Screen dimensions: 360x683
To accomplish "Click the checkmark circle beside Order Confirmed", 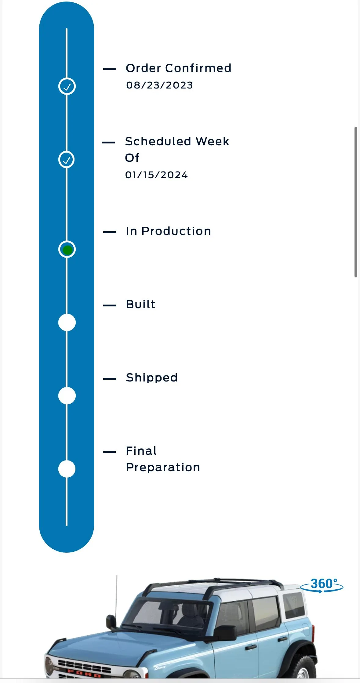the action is point(67,86).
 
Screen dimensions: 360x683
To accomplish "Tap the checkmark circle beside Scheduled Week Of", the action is point(67,159).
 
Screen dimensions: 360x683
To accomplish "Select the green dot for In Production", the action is point(67,250).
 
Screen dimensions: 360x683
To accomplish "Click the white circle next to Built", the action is point(67,322).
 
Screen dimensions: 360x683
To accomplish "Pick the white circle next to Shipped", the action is point(67,396).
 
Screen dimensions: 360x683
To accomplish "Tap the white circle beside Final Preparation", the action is point(67,469).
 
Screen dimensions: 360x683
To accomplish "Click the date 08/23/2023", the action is point(159,85).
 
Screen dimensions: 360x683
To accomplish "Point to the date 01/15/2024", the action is point(156,175).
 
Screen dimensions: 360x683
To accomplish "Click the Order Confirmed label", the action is point(179,68).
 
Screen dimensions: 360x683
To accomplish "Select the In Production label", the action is point(168,231).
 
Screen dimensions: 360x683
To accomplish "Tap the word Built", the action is point(140,304).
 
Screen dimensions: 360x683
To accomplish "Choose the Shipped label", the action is point(152,378).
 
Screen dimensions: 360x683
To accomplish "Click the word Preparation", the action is point(163,468).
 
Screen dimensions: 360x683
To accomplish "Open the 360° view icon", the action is point(322,585).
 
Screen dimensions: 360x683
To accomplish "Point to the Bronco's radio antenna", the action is point(116,595).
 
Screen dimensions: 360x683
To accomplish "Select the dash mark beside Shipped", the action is point(110,379).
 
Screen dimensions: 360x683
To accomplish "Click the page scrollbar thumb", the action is point(356,202).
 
